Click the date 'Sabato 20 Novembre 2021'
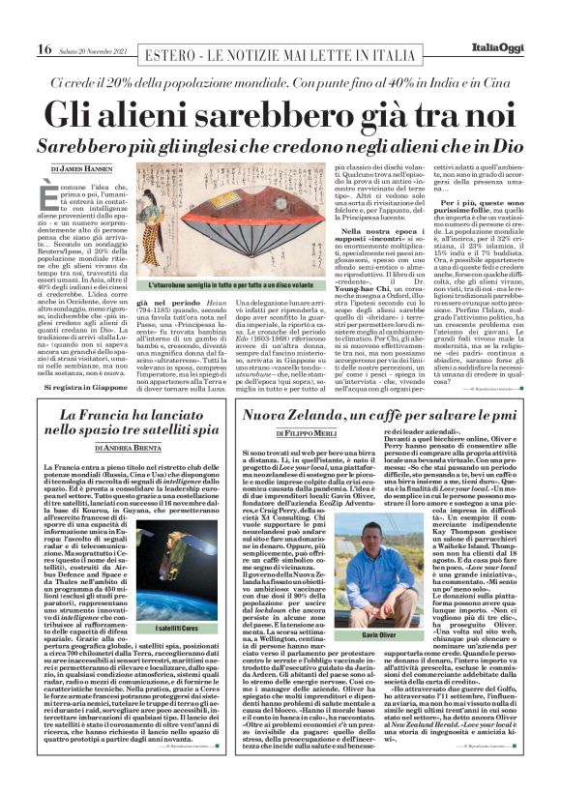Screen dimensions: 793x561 pyautogui.click(x=90, y=49)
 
